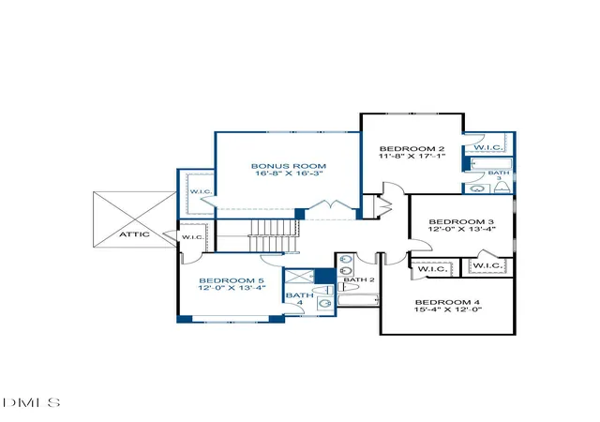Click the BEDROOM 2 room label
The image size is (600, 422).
pos(412,148)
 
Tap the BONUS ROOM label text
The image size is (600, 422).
pos(289,166)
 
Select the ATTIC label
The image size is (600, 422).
pos(134,234)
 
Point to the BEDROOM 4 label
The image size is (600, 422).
pos(447,302)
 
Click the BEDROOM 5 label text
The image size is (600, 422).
pos(232,280)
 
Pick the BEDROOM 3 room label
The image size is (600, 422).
pos(461,221)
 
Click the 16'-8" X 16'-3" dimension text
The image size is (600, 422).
pos(290,173)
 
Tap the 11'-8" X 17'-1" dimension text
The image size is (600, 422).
pos(412,157)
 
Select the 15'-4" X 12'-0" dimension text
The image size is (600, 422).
pos(448,309)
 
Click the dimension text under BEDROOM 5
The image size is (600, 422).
pos(232,288)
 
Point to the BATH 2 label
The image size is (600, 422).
pos(359,279)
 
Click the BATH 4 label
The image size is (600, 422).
pos(300,299)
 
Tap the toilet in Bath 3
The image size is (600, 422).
pos(502,188)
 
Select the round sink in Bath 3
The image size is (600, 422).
pos(477,188)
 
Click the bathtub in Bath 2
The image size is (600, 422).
pos(358,300)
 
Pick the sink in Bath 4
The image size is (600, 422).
pos(325,304)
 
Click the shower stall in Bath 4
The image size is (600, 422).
pos(300,277)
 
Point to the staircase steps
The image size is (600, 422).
pos(273,236)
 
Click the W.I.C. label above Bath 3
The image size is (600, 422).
pos(487,147)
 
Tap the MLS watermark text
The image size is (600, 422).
pos(31,402)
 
